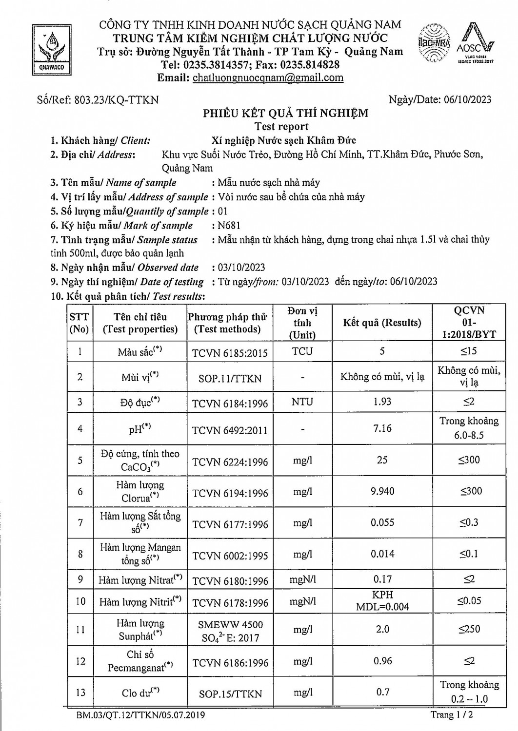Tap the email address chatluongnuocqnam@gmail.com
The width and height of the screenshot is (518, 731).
pos(268,78)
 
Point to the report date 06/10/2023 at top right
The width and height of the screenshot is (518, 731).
pos(468,99)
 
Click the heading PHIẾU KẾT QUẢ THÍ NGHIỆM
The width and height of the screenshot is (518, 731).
pos(286,114)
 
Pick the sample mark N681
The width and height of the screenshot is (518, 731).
pos(230,225)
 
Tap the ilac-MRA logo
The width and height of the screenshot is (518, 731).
pos(434,43)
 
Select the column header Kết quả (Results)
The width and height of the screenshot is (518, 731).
pos(382,323)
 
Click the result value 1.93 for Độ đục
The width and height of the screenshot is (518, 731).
pos(382,402)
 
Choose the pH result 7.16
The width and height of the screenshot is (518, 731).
pos(382,428)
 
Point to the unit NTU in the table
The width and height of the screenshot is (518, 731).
pos(302,402)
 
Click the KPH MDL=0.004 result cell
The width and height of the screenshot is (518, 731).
pos(382,601)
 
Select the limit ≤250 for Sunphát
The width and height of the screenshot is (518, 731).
pos(469,629)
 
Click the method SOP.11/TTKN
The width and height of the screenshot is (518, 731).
pos(230,378)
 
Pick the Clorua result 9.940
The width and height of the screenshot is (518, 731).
pos(382,491)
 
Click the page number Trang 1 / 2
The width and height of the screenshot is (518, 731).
pos(452,715)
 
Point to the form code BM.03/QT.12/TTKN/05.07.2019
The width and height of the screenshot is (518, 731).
pos(140,715)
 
